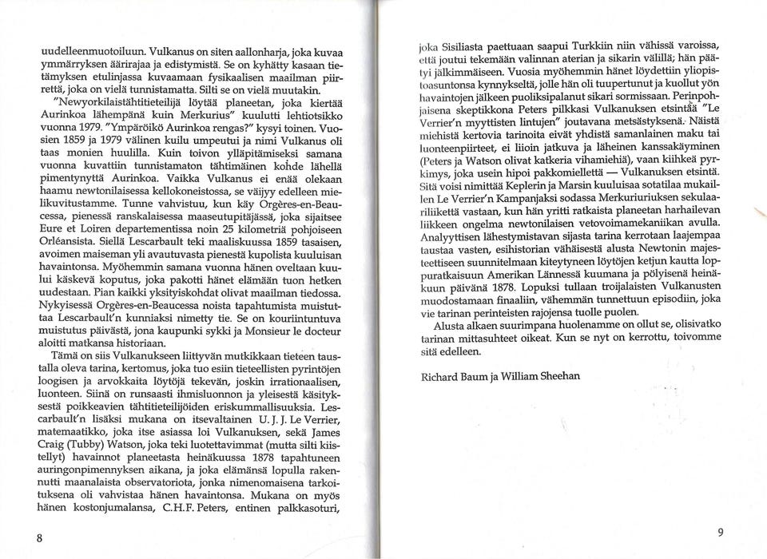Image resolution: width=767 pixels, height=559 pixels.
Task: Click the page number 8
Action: pyautogui.click(x=38, y=537)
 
